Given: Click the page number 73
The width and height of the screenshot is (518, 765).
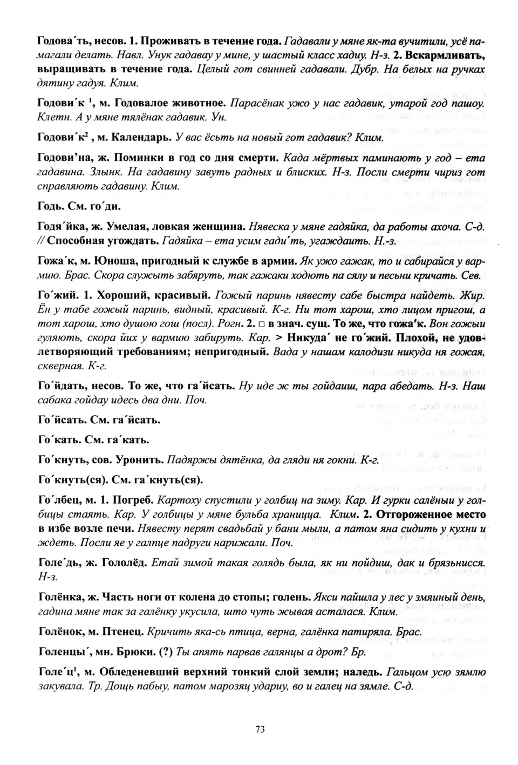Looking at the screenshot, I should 259,729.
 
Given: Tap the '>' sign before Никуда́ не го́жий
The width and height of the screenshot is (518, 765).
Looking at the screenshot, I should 278,339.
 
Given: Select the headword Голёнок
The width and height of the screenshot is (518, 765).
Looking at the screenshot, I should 59,631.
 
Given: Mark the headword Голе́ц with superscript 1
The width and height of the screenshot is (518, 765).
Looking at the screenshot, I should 56,673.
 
